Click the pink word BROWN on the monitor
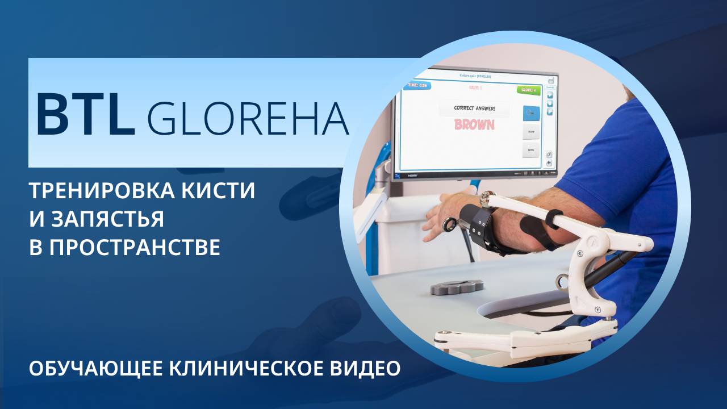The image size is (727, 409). click(474, 124)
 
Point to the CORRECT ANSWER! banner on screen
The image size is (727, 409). click(474, 107)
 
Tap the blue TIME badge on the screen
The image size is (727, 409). click(416, 85)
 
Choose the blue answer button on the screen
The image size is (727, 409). click(530, 112)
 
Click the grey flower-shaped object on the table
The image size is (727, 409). click(457, 286)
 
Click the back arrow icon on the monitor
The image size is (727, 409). click(549, 162)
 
